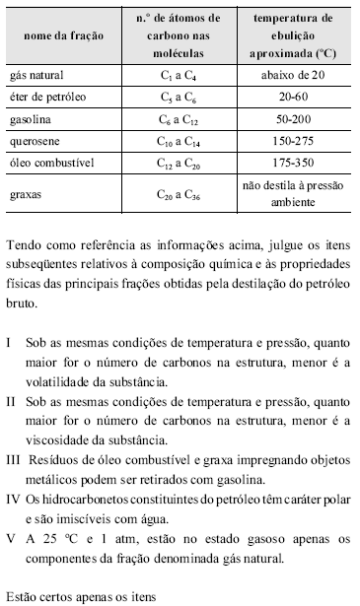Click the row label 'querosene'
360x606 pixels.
coord(36,140)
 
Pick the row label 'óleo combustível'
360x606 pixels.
coord(49,161)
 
